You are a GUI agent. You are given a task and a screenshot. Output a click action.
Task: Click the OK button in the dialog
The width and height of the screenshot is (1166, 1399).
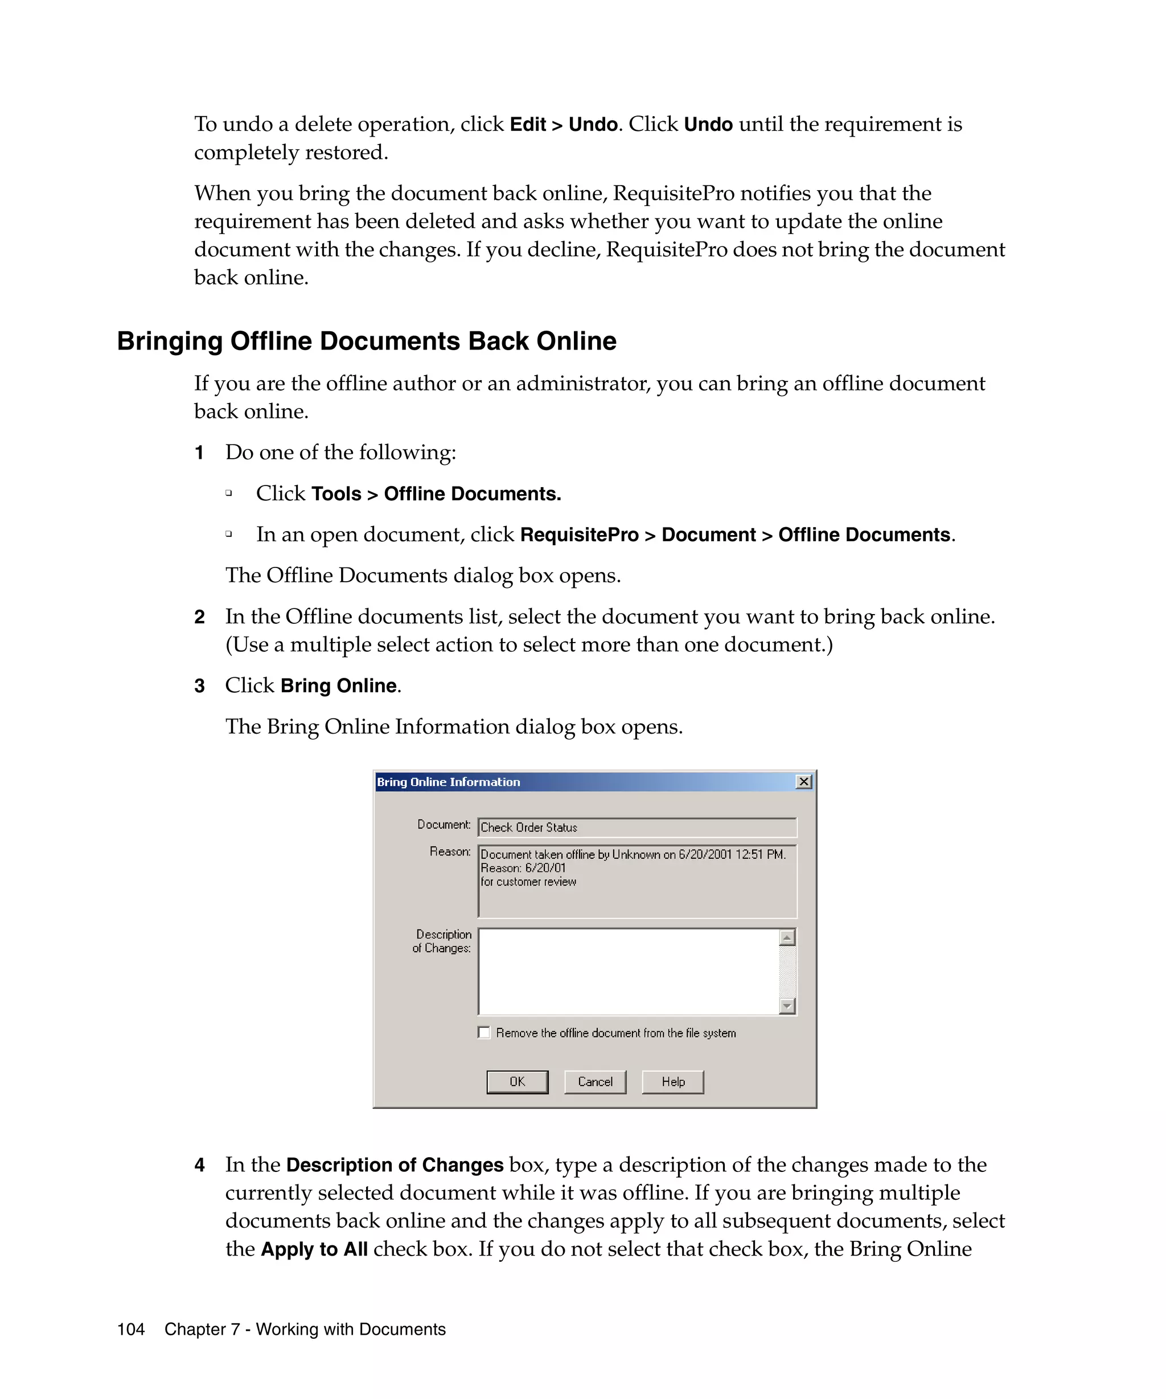point(517,1082)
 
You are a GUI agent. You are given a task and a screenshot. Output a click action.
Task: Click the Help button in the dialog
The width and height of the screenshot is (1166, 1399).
point(672,1082)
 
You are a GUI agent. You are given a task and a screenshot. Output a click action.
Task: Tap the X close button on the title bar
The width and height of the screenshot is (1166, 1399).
point(804,781)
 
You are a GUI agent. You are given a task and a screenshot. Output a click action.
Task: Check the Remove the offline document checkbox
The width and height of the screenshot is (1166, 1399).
point(485,1032)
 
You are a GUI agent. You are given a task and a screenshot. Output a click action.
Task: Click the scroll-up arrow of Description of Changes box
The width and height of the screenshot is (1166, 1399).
point(787,938)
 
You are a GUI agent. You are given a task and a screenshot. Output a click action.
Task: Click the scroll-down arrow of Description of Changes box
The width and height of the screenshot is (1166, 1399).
point(787,1006)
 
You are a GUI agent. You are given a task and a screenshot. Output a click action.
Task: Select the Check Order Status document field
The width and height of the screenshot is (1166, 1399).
point(637,828)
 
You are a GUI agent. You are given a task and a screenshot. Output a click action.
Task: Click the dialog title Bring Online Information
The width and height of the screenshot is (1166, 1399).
point(449,782)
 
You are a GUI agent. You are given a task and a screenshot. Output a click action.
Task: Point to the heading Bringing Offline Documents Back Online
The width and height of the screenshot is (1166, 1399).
point(367,341)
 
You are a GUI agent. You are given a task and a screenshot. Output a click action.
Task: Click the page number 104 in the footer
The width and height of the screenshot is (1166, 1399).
point(130,1329)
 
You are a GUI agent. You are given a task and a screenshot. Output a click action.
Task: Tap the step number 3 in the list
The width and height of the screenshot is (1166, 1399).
point(199,686)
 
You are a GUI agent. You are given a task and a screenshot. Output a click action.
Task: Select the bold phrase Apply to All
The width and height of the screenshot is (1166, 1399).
point(314,1249)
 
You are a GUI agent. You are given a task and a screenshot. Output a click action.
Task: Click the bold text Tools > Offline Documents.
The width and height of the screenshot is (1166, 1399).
point(437,493)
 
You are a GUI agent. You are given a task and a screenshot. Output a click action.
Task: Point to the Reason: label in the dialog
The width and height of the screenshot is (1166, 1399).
point(450,851)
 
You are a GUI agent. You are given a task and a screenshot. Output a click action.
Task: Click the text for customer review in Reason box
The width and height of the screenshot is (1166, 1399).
point(528,882)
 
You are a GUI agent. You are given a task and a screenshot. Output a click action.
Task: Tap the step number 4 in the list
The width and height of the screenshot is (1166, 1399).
point(199,1165)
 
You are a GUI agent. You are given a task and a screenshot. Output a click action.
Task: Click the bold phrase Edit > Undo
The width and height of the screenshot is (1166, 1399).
point(563,125)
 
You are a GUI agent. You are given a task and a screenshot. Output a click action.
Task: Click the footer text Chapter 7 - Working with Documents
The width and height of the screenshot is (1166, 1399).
point(305,1329)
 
